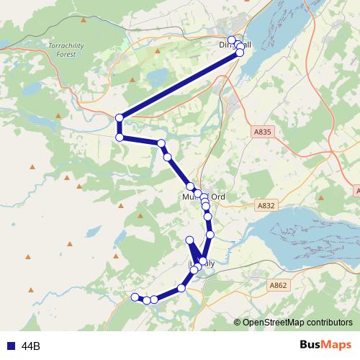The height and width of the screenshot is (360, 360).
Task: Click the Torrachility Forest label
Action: tap(66, 49)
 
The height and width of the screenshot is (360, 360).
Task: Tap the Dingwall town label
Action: tap(235, 45)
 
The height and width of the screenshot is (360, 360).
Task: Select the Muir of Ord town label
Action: tap(204, 196)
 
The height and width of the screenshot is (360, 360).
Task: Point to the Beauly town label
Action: tap(202, 264)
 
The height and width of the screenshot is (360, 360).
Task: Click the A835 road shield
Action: tap(263, 132)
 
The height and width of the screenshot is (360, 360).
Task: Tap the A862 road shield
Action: tap(278, 285)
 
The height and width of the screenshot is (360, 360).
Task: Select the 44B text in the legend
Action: tap(31, 346)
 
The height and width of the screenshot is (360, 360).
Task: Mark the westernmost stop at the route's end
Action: tap(134, 297)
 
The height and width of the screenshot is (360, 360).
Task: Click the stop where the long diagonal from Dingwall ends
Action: tap(120, 117)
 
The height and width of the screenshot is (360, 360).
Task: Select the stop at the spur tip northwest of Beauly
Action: tap(190, 240)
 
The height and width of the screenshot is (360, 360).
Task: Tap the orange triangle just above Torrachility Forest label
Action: tap(84, 18)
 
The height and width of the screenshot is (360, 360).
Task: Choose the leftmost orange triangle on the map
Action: tap(32, 167)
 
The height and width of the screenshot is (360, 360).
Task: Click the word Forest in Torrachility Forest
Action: tap(66, 53)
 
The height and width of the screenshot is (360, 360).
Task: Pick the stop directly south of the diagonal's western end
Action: tap(120, 138)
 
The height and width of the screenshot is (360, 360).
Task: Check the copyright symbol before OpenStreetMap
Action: tap(238, 323)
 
